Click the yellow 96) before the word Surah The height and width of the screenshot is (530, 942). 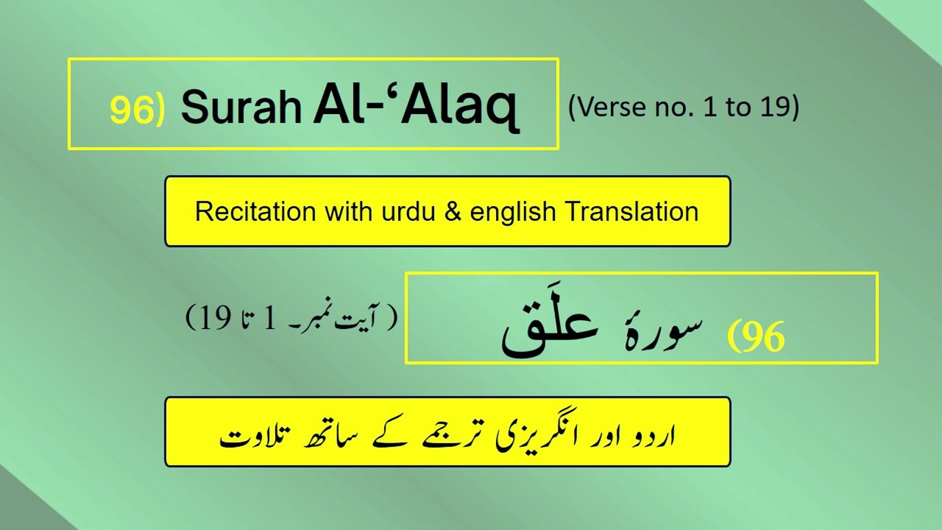point(136,108)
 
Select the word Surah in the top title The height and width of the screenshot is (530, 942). point(241,108)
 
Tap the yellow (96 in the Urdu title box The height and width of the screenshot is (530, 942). point(756,337)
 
